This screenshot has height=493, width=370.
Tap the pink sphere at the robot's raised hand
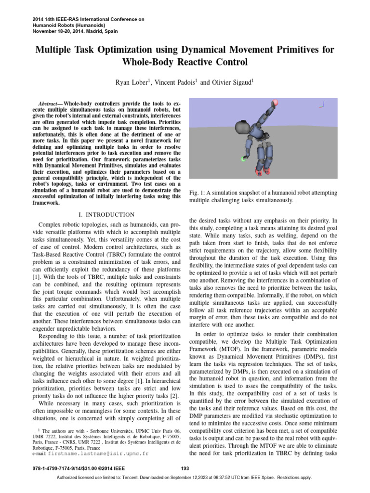pos(276,103)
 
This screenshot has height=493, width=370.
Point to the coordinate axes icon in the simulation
pos(323,104)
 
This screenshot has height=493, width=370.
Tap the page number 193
pos(185,468)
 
